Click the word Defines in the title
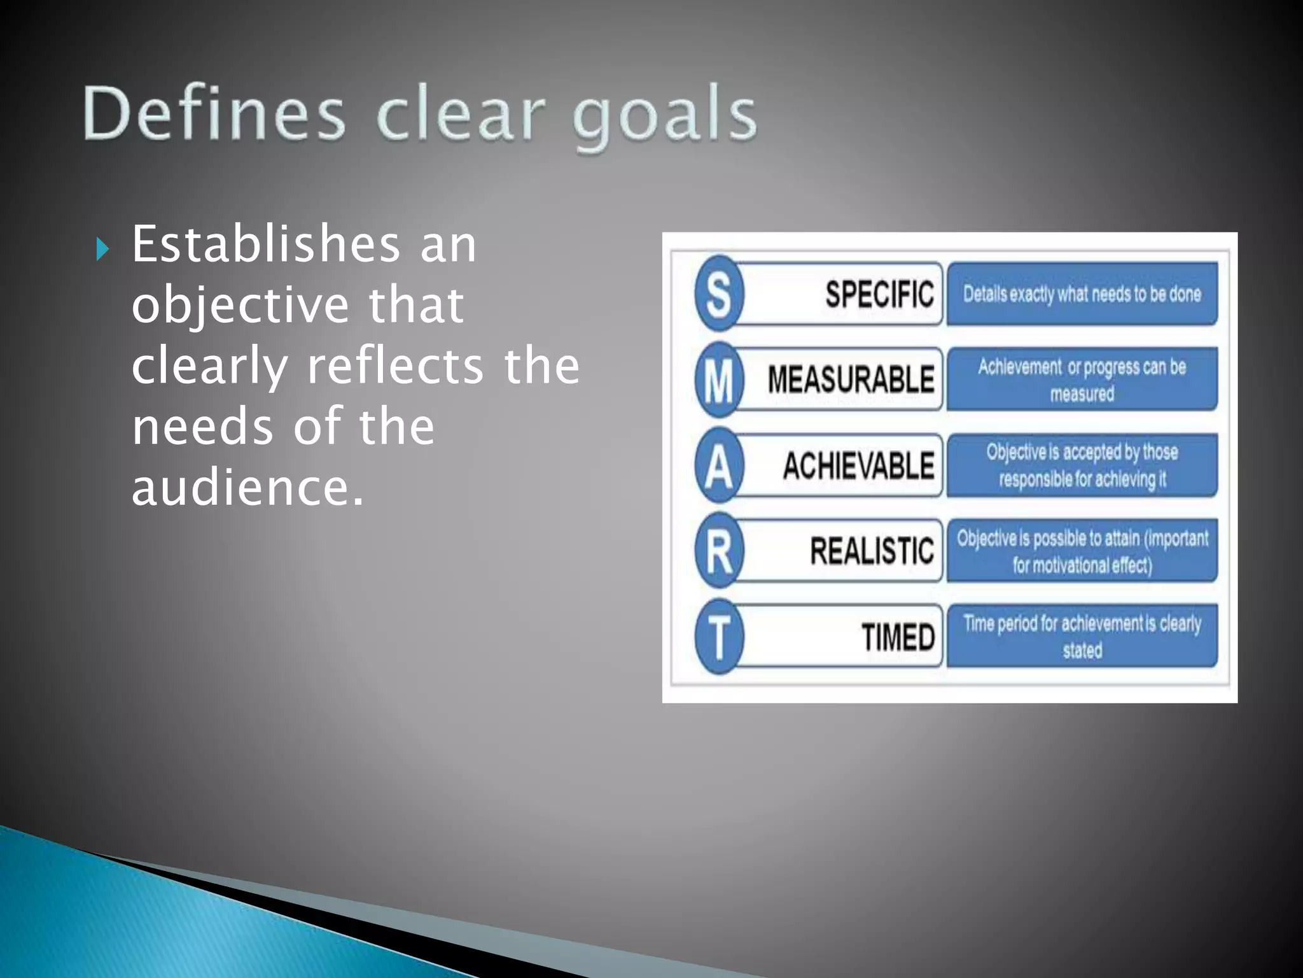[214, 114]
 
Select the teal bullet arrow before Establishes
[102, 249]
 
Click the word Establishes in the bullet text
[265, 244]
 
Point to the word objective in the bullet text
[240, 305]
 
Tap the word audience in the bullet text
[247, 488]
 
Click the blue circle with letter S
[719, 294]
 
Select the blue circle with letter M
[719, 379]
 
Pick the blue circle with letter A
[719, 465]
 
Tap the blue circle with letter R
[719, 551]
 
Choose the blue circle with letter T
[719, 636]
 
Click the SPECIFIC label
[879, 294]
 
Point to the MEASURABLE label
[851, 379]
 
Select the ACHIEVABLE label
[858, 465]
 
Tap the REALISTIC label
[872, 551]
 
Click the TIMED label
[898, 637]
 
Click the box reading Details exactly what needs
[1082, 294]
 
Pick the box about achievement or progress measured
[1082, 379]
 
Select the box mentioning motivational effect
[1082, 551]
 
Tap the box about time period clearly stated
[1082, 636]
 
